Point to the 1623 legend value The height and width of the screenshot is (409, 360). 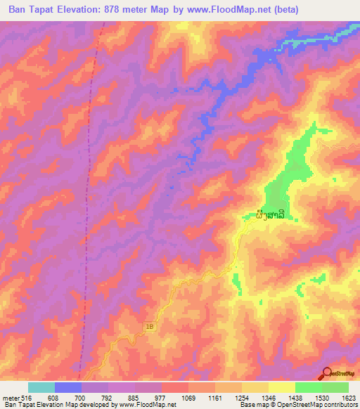[x=348, y=397]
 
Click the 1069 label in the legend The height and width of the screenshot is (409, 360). [x=188, y=397]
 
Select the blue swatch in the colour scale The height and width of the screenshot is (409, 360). [x=68, y=387]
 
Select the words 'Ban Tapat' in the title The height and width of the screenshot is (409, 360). [x=32, y=10]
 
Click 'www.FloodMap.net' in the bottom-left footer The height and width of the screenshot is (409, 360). [x=140, y=405]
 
